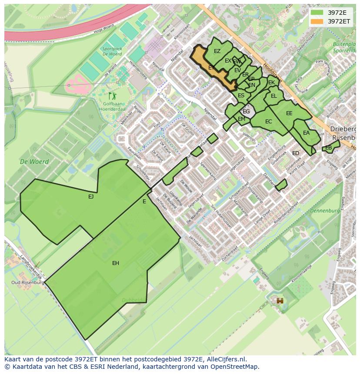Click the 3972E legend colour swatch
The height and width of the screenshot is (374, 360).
pos(317,13)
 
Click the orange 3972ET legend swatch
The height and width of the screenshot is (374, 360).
pos(317,21)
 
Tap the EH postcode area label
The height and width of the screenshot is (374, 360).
pos(116,263)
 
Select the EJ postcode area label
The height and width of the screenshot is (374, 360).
pos(91,197)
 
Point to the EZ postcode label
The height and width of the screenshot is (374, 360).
pos(217,51)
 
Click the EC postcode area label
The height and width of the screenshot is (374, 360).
pos(268,122)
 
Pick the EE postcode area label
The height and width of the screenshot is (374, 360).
pos(289,113)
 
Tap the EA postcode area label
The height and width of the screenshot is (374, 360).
pos(306,133)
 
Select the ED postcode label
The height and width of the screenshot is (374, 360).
pos(296,153)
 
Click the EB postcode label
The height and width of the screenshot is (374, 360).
pos(329,148)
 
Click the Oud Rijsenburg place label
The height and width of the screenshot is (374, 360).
pos(28,282)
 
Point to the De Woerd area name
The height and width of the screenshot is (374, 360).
pos(34,162)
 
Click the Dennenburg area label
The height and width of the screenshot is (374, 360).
pos(325,211)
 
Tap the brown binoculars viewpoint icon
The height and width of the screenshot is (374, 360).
pos(280,301)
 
